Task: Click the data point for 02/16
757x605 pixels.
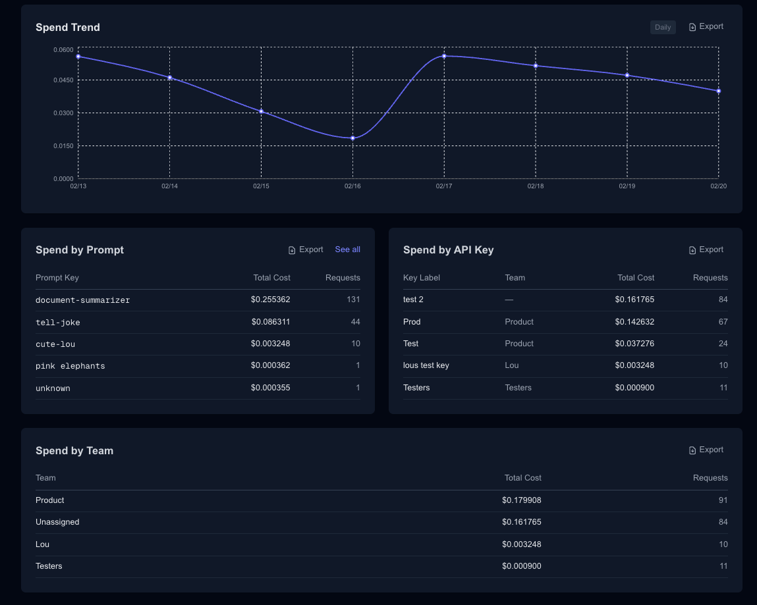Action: click(x=352, y=138)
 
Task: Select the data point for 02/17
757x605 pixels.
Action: click(x=444, y=56)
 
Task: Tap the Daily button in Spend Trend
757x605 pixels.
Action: click(x=663, y=27)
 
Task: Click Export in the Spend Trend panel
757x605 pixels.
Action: click(x=706, y=27)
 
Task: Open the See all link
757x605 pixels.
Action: click(x=347, y=250)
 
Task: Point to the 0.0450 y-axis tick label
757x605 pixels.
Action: click(x=63, y=80)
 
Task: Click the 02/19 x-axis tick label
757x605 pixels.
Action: click(x=627, y=186)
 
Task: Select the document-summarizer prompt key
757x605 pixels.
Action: click(x=82, y=300)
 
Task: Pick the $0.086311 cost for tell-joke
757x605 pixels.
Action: click(x=270, y=322)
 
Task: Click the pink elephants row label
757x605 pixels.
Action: click(x=70, y=366)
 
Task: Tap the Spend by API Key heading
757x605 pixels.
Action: click(x=448, y=250)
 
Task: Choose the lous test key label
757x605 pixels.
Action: click(x=426, y=365)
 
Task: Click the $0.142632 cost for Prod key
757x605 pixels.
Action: click(x=634, y=322)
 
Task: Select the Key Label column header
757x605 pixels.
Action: click(x=421, y=278)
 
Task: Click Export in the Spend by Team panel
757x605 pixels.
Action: click(x=706, y=450)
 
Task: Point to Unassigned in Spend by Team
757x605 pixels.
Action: click(x=57, y=522)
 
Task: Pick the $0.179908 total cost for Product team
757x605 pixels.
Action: click(x=521, y=500)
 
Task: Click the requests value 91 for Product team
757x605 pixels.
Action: click(x=723, y=500)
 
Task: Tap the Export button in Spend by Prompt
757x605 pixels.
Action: click(x=306, y=250)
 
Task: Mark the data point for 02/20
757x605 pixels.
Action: click(x=718, y=91)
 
